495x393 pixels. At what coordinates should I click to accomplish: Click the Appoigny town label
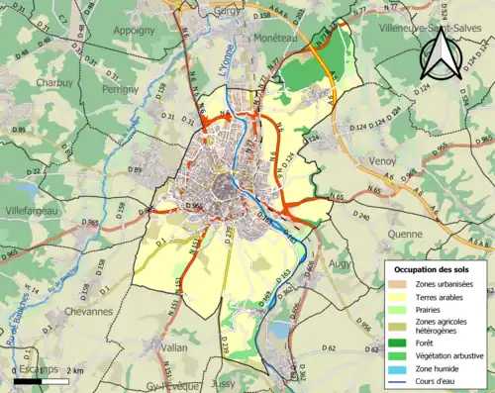pyautogui.click(x=135, y=31)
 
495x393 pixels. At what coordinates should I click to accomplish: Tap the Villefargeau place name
pyautogui.click(x=32, y=210)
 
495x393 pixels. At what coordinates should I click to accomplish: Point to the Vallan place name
pyautogui.click(x=174, y=347)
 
